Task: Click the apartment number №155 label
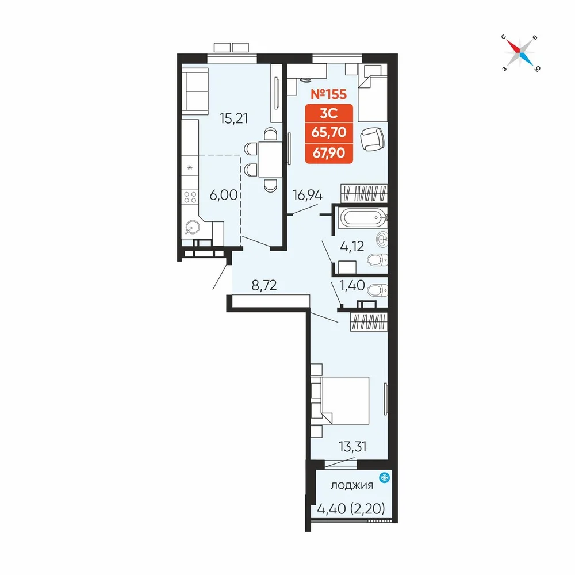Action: tap(328, 94)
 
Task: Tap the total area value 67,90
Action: tap(329, 152)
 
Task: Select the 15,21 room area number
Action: tap(233, 118)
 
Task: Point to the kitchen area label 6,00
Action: tap(223, 195)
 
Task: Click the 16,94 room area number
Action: tap(307, 195)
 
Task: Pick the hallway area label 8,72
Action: tap(264, 285)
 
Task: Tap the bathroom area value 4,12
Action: tap(352, 246)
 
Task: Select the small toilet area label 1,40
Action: tap(352, 285)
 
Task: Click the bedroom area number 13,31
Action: tap(352, 447)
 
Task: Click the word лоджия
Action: tap(352, 485)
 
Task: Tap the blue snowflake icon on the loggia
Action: tap(384, 478)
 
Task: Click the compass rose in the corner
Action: tap(521, 53)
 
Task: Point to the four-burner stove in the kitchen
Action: tap(190, 197)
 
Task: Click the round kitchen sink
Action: tap(192, 228)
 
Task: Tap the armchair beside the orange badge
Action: tap(372, 139)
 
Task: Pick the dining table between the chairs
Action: tap(270, 159)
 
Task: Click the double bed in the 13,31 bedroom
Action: tap(340, 400)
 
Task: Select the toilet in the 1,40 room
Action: tap(377, 290)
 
